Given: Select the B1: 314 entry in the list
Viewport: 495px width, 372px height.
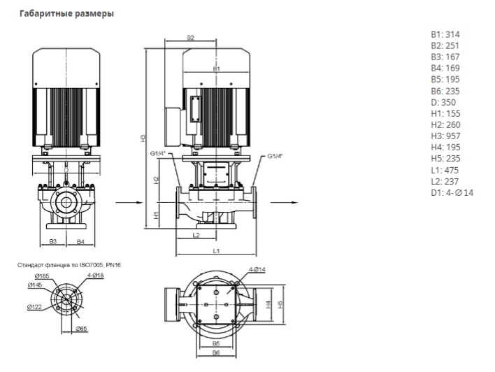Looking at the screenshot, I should point(445,34).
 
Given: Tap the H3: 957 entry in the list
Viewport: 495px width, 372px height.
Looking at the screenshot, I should point(445,136).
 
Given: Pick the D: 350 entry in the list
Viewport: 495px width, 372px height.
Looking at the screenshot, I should point(443,102).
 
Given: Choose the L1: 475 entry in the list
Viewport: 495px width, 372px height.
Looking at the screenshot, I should point(445,170).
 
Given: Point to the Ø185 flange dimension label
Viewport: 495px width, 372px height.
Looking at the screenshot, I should point(34,278).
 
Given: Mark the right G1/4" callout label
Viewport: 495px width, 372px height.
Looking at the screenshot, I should point(275,156).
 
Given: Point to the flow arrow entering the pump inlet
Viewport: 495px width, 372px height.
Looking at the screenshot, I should point(124,203).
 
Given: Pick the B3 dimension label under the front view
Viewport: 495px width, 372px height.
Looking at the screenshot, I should point(53,241).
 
